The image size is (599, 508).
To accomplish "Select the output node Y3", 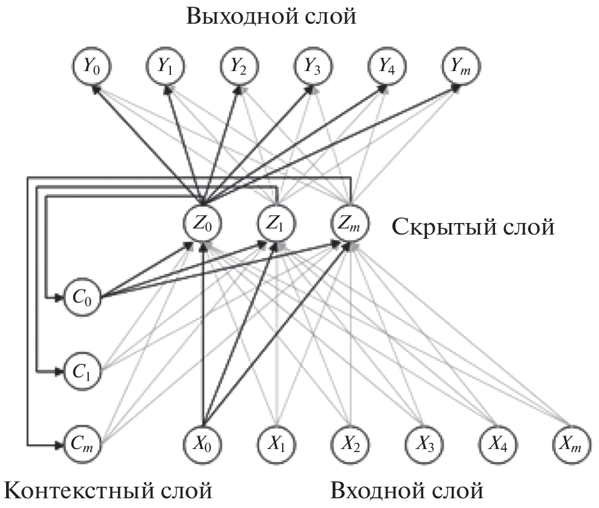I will (313, 67).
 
